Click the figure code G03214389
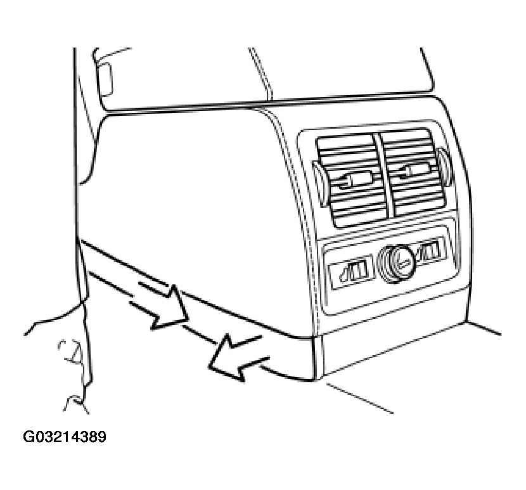(65, 437)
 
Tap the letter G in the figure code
(28, 437)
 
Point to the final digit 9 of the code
(102, 437)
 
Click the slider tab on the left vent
(356, 179)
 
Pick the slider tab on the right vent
(415, 169)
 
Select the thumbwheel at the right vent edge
(444, 167)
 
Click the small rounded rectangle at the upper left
(105, 79)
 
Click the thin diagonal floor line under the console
(359, 398)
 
